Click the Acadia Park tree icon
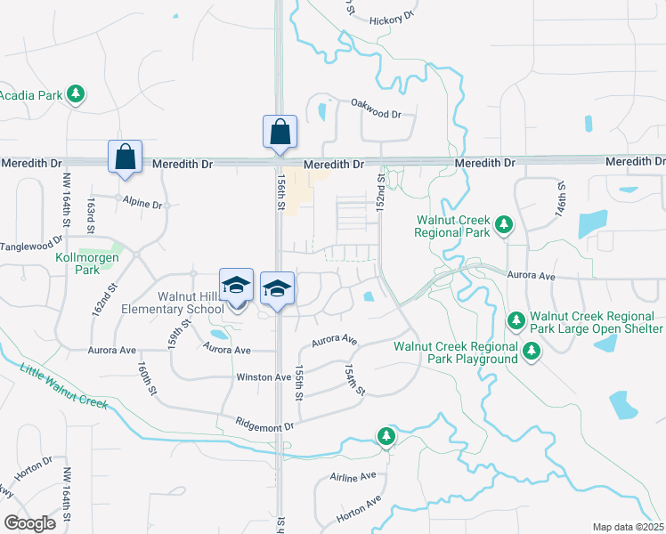77,93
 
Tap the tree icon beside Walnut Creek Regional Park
504,224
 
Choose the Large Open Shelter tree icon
515,320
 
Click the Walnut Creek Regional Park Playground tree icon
532,351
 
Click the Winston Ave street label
264,377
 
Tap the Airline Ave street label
353,478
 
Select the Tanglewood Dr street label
32,243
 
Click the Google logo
30,523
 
